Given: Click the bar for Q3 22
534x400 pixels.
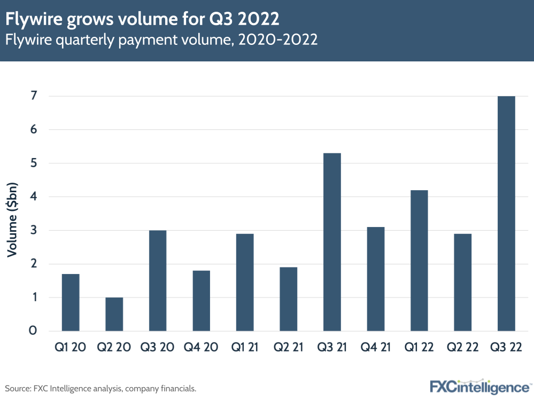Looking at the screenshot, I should pos(506,214).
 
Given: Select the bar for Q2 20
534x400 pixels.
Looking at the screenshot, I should pos(114,314).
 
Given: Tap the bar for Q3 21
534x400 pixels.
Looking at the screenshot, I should pos(332,242).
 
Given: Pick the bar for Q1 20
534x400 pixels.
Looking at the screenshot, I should pos(71,302).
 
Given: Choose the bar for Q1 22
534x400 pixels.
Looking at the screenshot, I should pos(419,261).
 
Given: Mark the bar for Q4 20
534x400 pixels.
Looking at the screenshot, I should pos(201,301).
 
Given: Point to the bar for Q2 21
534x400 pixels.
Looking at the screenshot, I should pos(288,299).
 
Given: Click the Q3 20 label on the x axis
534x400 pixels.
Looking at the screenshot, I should pos(157,348).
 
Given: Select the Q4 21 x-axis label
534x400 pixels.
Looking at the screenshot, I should pos(375,348).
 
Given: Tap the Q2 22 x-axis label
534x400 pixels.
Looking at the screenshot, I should pos(462,348).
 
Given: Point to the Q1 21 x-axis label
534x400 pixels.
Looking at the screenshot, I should pos(244,348).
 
